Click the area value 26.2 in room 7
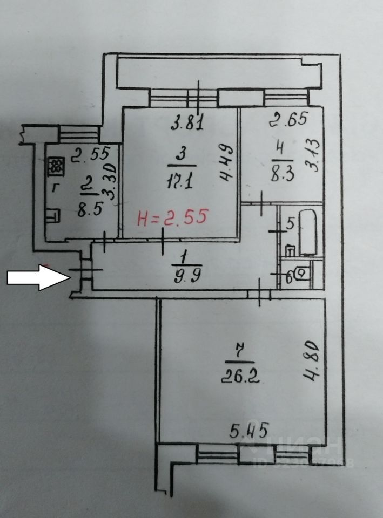(x=240, y=374)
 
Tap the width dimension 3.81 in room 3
(x=187, y=124)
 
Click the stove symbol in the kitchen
(x=56, y=167)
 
